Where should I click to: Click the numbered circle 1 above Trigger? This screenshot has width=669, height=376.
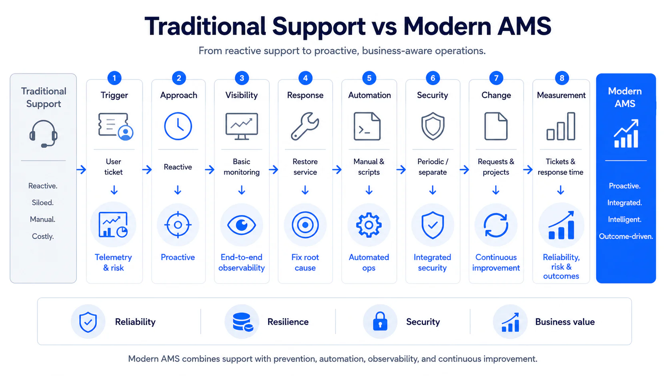114,78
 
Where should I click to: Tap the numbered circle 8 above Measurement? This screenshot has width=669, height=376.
562,78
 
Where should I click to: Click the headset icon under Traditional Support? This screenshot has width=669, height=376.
43,134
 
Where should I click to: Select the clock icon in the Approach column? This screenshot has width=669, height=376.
178,126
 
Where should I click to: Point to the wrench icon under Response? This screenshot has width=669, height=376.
305,126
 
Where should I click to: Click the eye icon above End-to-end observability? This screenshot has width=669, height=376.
241,225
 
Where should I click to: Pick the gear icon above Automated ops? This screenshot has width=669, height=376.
369,225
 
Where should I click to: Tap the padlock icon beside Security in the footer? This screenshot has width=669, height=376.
380,321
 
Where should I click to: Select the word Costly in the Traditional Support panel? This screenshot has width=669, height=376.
43,237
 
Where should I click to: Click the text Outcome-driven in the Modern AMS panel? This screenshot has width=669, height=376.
626,237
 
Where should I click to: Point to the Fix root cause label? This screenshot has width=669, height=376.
305,263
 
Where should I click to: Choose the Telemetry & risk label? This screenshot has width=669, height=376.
113,263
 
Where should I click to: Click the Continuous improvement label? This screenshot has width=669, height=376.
496,263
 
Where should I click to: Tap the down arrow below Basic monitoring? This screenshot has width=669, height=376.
242,190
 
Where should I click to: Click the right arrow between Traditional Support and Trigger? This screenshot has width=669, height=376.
81,170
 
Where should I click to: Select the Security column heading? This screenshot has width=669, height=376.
432,95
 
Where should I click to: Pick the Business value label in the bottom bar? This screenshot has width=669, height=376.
565,322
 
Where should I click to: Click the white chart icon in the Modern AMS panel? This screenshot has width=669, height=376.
626,133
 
